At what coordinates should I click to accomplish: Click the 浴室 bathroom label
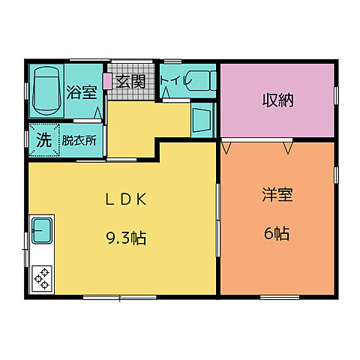coord(82,93)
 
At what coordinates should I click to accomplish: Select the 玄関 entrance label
coord(131,82)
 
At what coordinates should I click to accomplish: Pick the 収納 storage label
coord(276,100)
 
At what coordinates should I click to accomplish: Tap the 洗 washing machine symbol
coord(43,139)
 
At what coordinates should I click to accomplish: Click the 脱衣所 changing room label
coord(77,139)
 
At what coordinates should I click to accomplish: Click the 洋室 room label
coord(277,196)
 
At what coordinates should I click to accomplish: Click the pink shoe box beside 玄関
coord(107,81)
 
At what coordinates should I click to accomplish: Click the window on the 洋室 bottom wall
coord(279,297)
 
